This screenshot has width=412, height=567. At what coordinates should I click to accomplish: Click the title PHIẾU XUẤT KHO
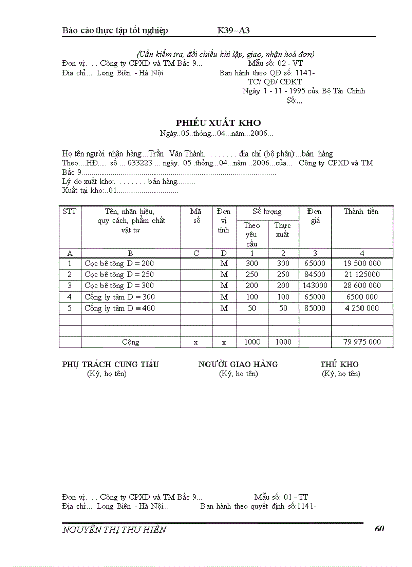click(x=218, y=123)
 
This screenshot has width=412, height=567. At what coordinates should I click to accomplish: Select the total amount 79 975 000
click(x=362, y=342)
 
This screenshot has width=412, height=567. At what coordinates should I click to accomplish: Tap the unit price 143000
click(x=315, y=285)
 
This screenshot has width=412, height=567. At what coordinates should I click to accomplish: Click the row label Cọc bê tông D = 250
click(x=120, y=274)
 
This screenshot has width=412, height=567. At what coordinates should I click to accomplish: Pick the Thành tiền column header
click(x=361, y=212)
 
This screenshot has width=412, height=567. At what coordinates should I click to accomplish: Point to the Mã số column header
click(x=196, y=216)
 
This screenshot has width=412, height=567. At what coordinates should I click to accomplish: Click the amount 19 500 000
click(x=362, y=263)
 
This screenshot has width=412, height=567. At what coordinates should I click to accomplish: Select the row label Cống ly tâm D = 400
click(x=120, y=308)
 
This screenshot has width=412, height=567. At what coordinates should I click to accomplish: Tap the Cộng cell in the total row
click(x=131, y=342)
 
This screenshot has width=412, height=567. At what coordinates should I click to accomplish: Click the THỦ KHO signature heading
click(x=339, y=364)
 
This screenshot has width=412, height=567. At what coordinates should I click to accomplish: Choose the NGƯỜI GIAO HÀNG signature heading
click(x=238, y=364)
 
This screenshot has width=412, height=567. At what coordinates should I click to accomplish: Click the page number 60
click(x=379, y=529)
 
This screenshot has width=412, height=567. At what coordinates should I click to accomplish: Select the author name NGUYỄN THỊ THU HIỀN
click(x=114, y=530)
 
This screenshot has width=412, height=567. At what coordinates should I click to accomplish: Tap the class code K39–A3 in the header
click(x=234, y=30)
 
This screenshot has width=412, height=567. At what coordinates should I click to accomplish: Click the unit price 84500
click(x=315, y=274)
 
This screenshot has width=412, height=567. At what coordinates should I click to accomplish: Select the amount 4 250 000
click(x=362, y=308)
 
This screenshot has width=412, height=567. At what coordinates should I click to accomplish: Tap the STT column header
click(x=70, y=212)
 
